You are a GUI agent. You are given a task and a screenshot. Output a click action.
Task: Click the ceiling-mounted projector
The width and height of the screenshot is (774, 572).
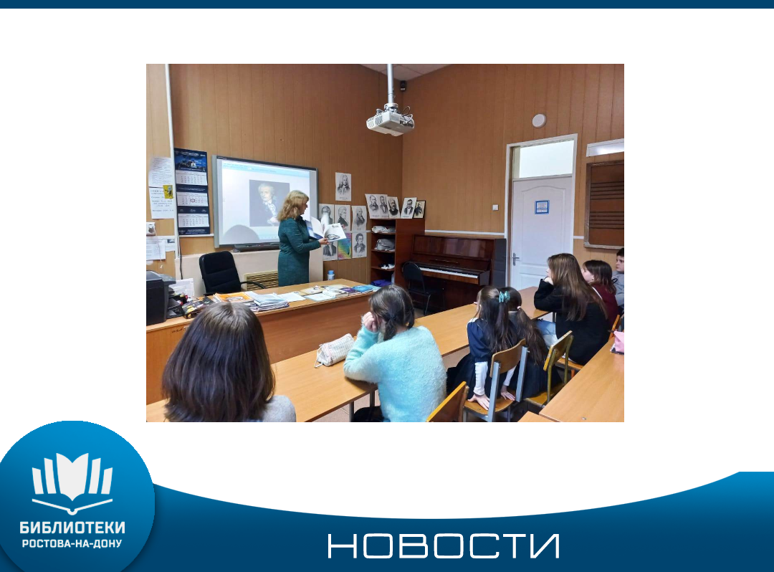pos(390,122)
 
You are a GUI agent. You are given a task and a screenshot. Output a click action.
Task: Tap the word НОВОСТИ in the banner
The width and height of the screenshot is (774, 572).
pos(444,546)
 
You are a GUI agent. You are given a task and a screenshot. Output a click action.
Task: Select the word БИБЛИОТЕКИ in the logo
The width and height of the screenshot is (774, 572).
pos(72,528)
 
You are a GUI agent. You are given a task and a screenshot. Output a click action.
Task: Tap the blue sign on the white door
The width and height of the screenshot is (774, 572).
pos(542,206)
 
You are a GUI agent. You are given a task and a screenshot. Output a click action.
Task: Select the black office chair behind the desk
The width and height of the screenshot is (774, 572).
pos(221,272)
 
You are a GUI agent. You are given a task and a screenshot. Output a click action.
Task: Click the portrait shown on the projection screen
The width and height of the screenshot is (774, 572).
pos(269,204)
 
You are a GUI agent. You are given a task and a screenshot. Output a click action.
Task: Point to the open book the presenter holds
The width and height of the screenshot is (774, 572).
pos(326,230)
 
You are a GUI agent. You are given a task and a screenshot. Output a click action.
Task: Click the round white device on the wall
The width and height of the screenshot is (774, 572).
pos(539,120)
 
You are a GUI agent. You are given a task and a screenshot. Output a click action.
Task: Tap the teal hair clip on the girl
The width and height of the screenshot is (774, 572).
pos(504,297)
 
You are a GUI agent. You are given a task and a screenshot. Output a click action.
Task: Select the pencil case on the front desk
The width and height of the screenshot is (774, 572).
pos(335,350)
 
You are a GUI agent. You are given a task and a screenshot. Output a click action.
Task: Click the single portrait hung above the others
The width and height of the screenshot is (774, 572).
pos(343,186)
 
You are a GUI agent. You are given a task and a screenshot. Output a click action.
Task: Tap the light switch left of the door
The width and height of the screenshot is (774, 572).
pos(496,208)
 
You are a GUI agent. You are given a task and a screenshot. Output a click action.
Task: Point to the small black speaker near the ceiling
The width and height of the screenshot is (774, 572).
pos(403,86)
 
